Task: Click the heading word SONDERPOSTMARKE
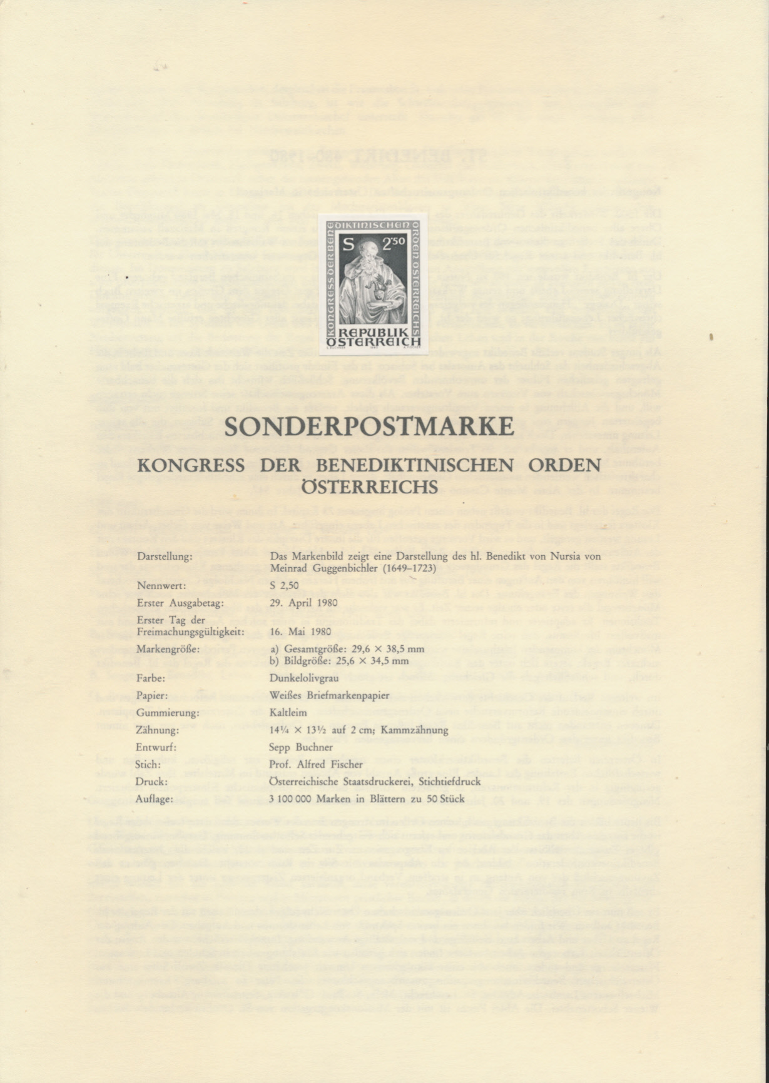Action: (369, 426)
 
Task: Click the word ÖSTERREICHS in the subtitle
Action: (369, 486)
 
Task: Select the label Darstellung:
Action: (164, 556)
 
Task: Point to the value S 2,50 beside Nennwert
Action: (284, 586)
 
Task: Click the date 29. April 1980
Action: (303, 603)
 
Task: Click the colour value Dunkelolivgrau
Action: (300, 678)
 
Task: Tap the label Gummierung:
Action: (167, 713)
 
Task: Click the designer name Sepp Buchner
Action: (300, 747)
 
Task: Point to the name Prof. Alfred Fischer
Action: (315, 764)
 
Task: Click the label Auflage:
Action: (154, 799)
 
